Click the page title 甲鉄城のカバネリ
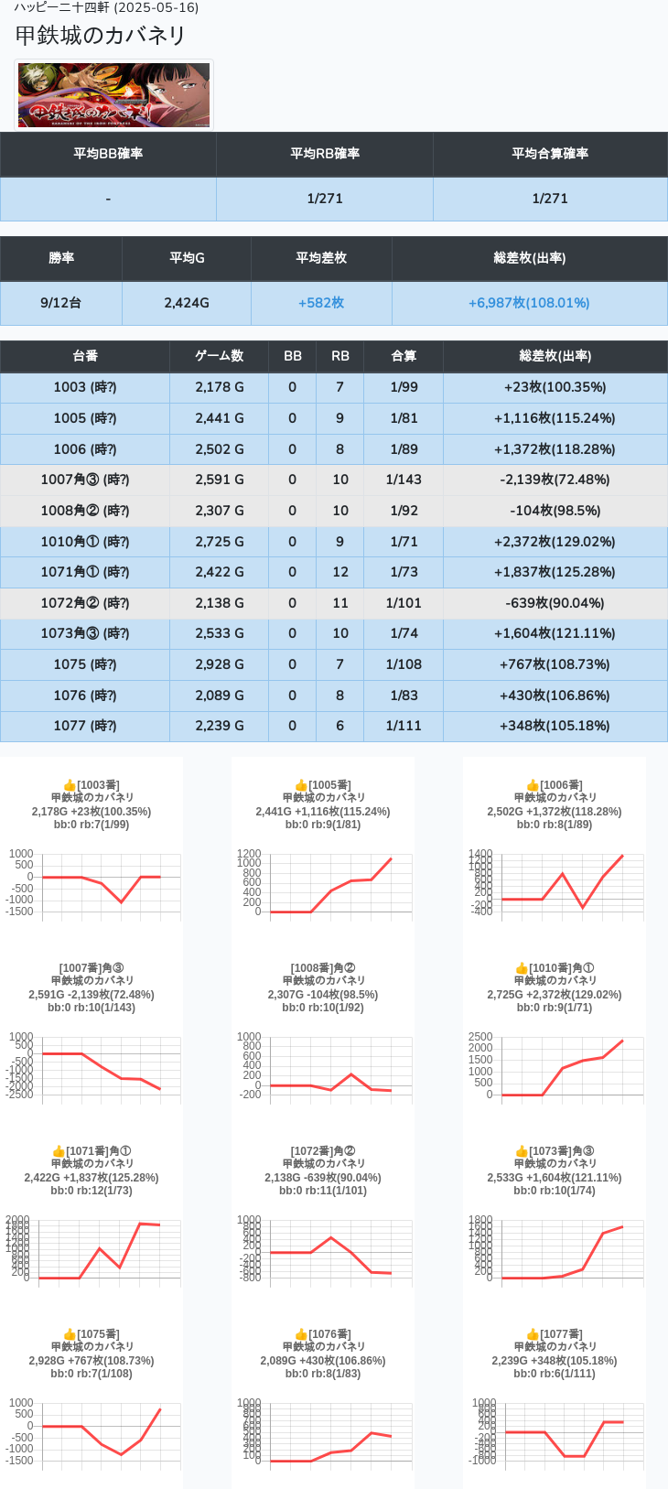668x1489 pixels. pos(101,35)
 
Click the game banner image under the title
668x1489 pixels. pos(114,95)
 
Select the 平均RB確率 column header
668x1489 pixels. pos(325,154)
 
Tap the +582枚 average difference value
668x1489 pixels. pos(321,303)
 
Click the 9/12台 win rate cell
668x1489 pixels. pos(60,303)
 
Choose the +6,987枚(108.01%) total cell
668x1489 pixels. pos(529,303)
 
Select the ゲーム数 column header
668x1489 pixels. pos(219,356)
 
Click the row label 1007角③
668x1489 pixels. pos(84,480)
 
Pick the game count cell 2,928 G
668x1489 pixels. pos(219,664)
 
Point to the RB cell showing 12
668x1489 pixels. pos(340,572)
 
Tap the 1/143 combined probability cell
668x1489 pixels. pos(404,480)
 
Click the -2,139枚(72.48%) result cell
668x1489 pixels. pos(555,480)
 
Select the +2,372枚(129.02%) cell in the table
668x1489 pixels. pos(555,542)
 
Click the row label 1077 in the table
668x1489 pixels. pos(84,726)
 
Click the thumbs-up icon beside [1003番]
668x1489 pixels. pos(70,785)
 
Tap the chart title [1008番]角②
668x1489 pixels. pos(323,968)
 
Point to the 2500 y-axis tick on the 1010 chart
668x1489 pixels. pos(480,1037)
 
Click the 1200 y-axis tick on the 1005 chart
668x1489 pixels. pos(249,854)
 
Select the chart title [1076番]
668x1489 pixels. pos(329,1334)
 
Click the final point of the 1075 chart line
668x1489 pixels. pos(160,1409)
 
